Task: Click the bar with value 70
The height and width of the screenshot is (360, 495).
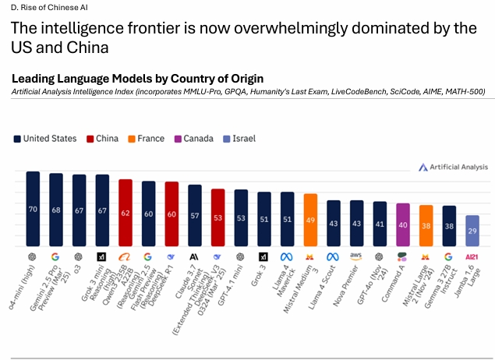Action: coord(33,209)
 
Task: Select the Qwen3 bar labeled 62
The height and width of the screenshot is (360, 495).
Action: coord(125,212)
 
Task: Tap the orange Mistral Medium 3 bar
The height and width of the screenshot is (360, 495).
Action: coord(310,221)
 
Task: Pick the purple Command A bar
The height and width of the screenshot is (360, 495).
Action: coord(403,225)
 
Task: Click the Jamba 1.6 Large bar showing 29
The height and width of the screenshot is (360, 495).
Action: coord(472,231)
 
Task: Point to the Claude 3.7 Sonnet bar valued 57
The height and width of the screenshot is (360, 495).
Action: coord(195,215)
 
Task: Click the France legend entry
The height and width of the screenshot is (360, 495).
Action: coord(146,139)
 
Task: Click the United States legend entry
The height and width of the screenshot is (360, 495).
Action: coord(44,139)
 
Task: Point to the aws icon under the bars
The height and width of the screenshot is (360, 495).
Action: coord(357,256)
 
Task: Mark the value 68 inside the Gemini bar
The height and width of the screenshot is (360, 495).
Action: coord(56,210)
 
